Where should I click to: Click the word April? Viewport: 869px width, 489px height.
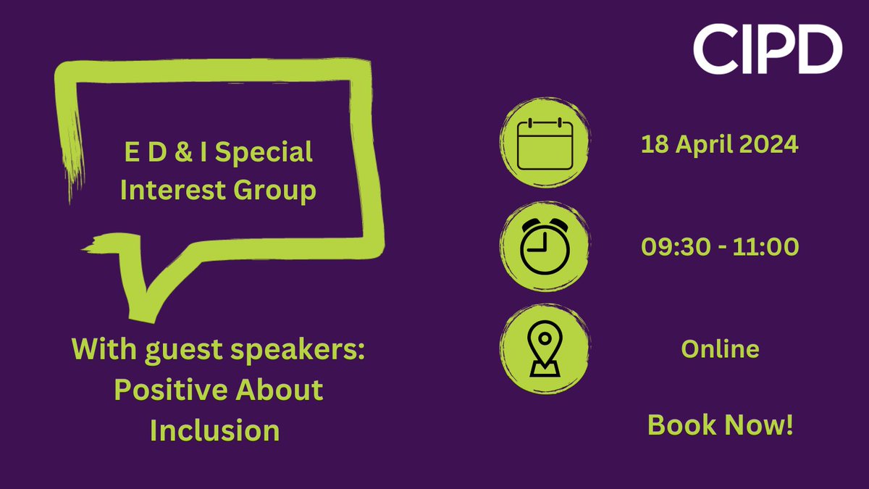pyautogui.click(x=703, y=144)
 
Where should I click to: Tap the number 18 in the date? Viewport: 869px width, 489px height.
pyautogui.click(x=652, y=144)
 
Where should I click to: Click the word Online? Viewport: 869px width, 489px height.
pyautogui.click(x=720, y=349)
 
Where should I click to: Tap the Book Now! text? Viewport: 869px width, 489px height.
pyautogui.click(x=720, y=425)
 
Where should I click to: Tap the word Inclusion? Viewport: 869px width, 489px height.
pyautogui.click(x=214, y=430)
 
